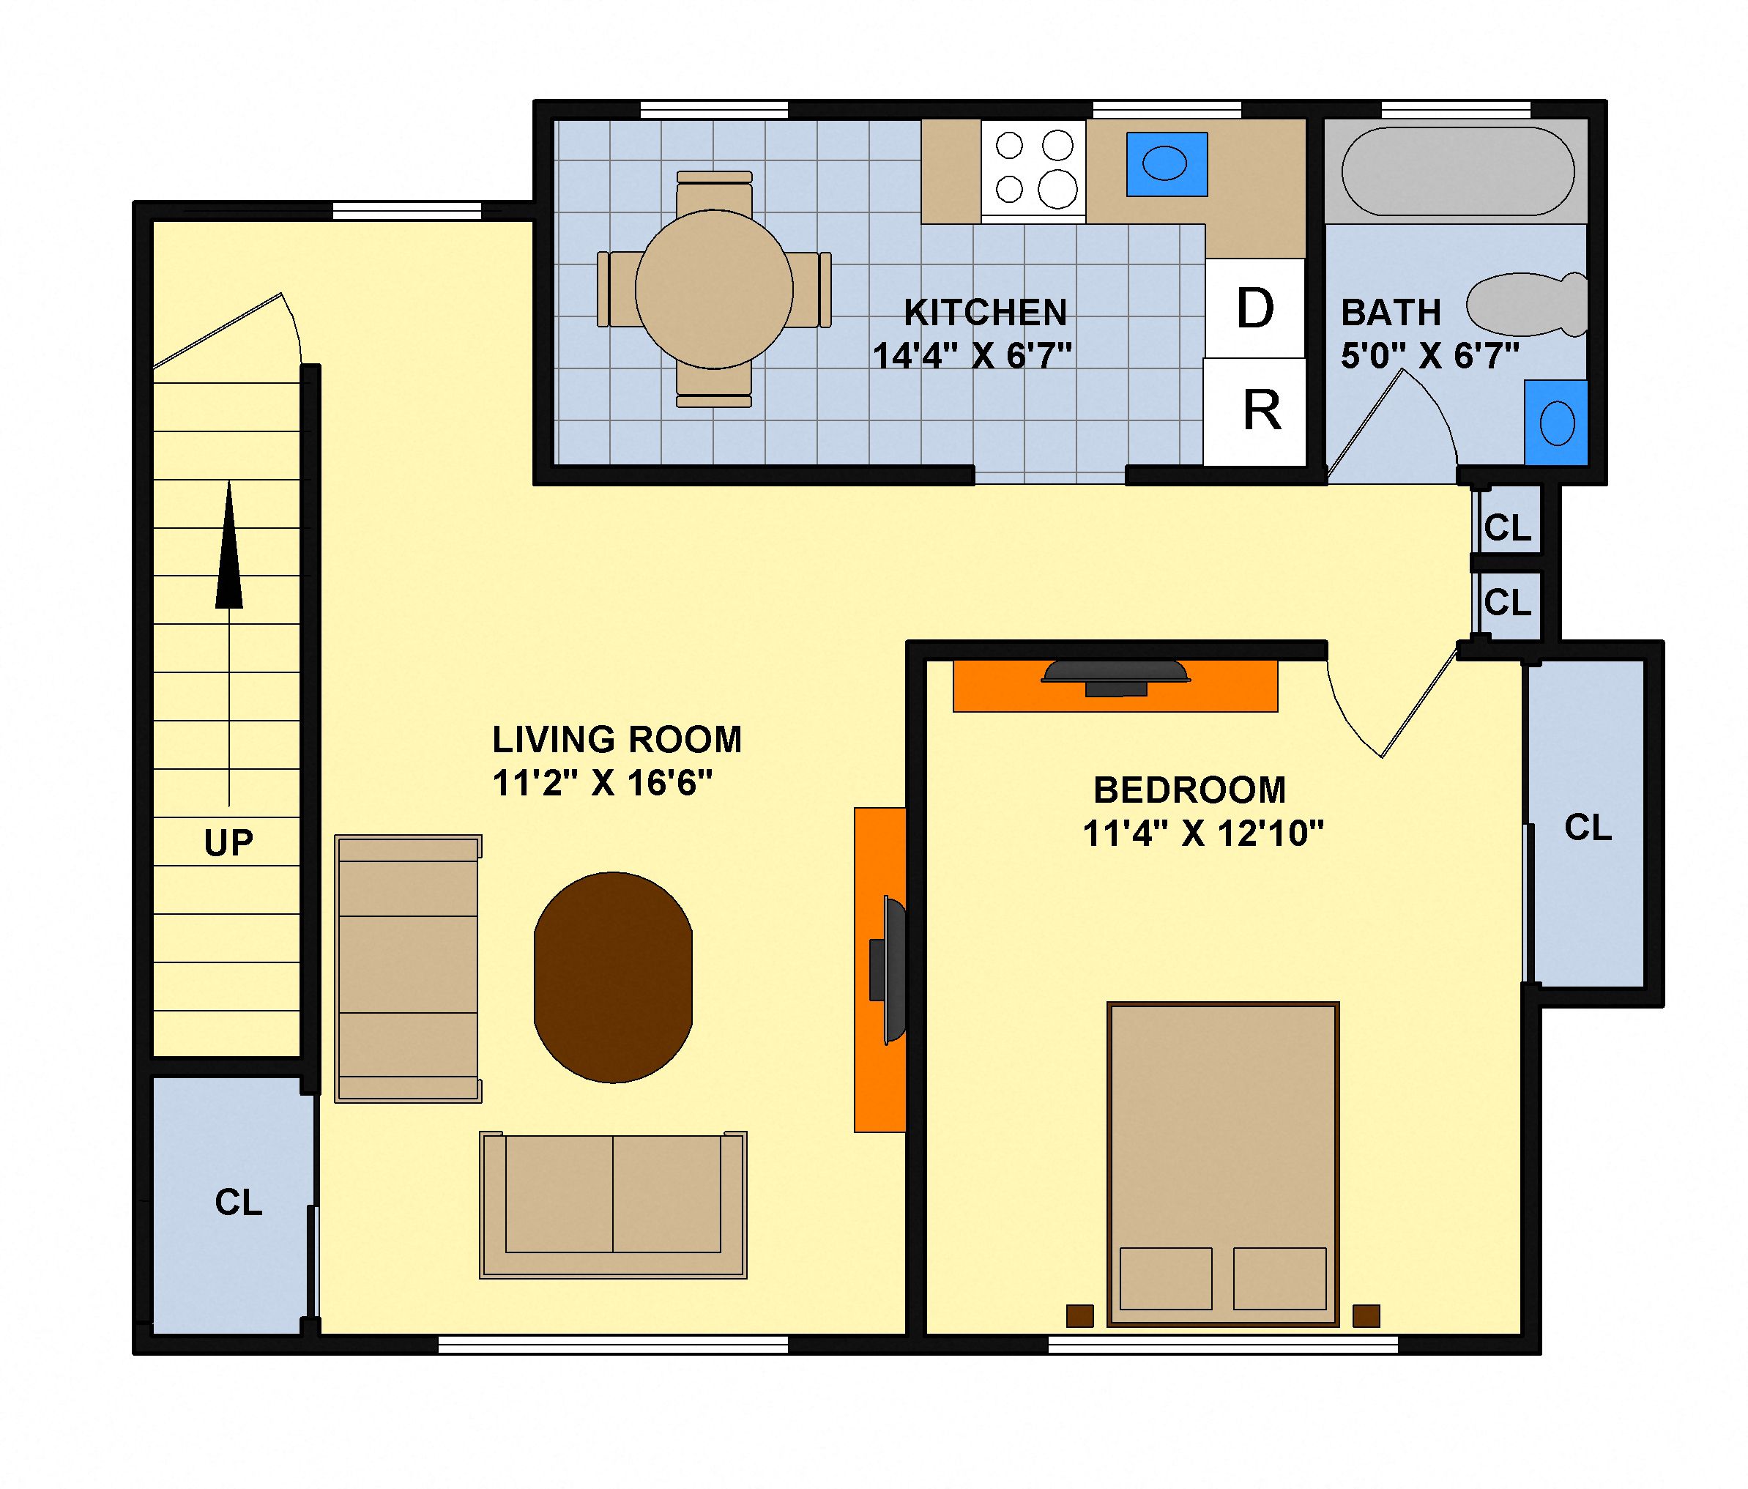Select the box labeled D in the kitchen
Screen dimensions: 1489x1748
click(x=1254, y=308)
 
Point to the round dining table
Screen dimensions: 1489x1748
click(x=714, y=289)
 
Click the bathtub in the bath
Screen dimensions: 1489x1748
click(x=1457, y=171)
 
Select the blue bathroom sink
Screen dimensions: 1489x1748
click(x=1555, y=423)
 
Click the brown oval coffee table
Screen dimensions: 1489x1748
click(x=614, y=977)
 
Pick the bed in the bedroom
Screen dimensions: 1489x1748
click(x=1222, y=1165)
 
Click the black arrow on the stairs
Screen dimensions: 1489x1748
click(x=228, y=549)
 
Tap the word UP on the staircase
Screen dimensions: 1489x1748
click(x=228, y=843)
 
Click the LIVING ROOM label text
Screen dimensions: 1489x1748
click(x=617, y=740)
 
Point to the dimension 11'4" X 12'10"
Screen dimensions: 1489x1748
click(x=1202, y=833)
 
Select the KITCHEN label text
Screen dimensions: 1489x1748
click(x=986, y=313)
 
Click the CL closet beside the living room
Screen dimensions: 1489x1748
click(x=238, y=1202)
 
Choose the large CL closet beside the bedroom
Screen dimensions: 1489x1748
click(x=1588, y=827)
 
